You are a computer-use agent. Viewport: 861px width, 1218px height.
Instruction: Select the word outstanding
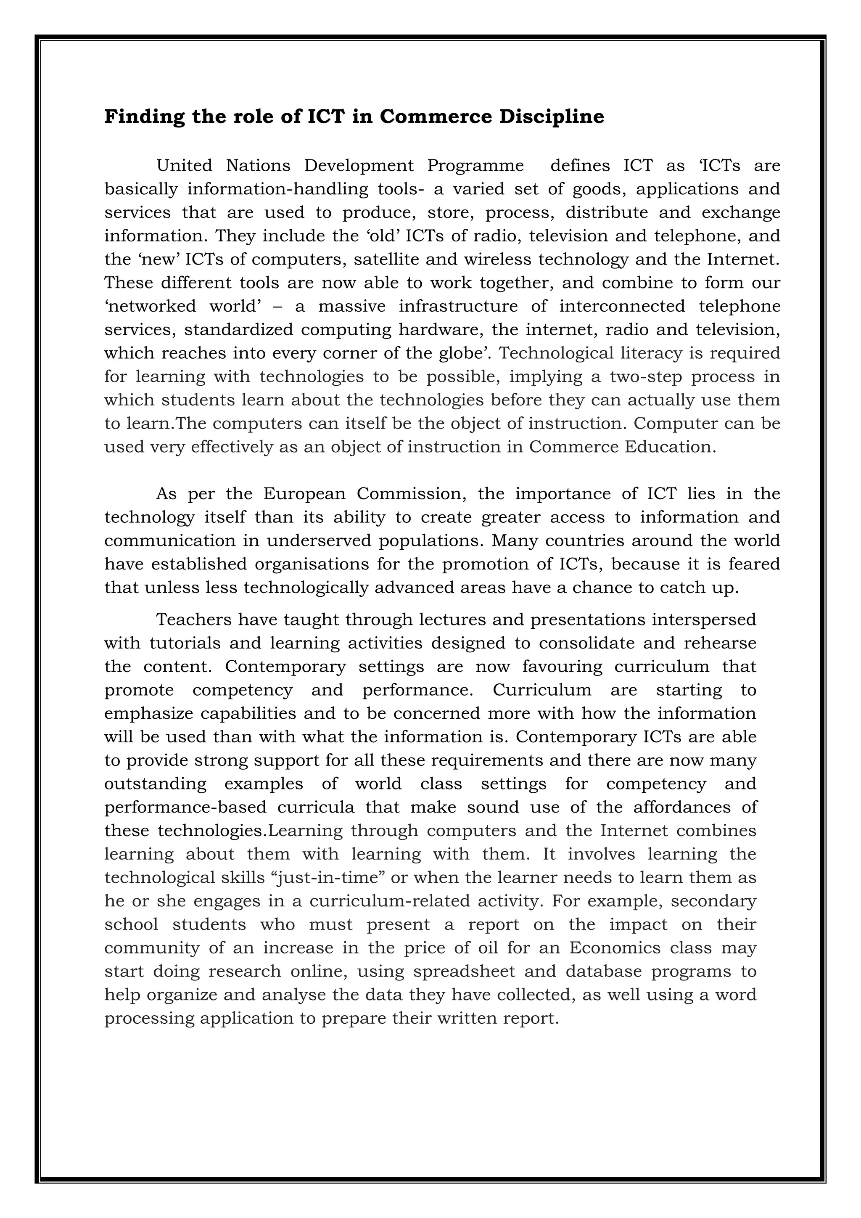(x=155, y=784)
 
